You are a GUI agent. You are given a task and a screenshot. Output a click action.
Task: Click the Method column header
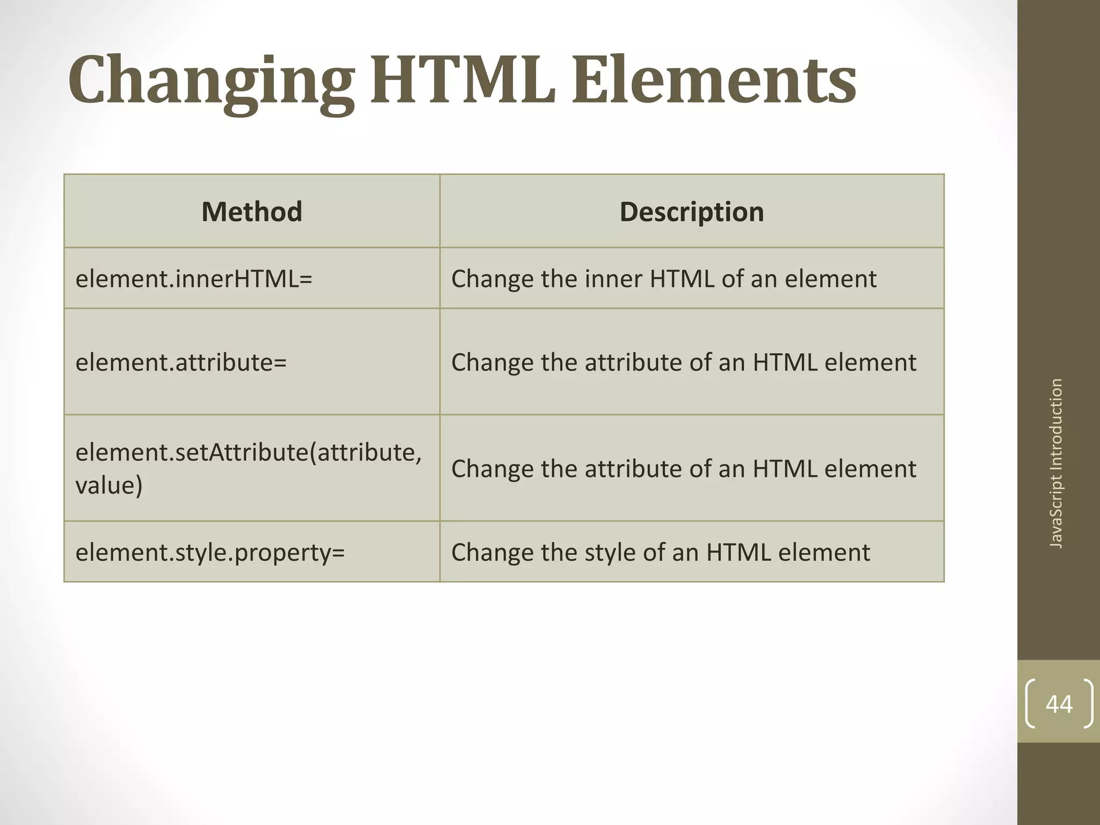tap(251, 212)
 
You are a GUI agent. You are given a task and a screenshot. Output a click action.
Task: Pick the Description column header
tap(691, 212)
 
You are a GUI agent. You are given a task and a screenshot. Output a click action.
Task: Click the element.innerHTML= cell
tap(194, 279)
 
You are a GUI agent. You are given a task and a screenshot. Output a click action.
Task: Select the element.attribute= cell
tap(181, 362)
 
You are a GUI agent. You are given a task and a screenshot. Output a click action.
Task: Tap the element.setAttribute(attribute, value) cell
tap(248, 468)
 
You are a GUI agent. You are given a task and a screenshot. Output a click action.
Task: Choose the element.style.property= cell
tap(210, 552)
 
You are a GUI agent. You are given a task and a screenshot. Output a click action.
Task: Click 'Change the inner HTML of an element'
tap(663, 279)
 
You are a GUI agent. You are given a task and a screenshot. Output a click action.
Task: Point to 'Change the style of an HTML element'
tap(660, 552)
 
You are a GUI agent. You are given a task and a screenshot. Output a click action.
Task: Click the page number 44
tap(1059, 704)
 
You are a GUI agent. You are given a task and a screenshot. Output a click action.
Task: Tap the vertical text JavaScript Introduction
tap(1056, 463)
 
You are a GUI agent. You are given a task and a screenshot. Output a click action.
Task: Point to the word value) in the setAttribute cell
tap(109, 486)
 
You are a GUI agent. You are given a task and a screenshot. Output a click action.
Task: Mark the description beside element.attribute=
tap(683, 362)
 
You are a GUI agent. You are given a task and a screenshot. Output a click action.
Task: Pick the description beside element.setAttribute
tap(683, 468)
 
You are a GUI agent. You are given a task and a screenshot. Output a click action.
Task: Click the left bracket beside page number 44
tap(1031, 704)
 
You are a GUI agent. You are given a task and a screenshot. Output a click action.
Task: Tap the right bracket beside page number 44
tap(1088, 704)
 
